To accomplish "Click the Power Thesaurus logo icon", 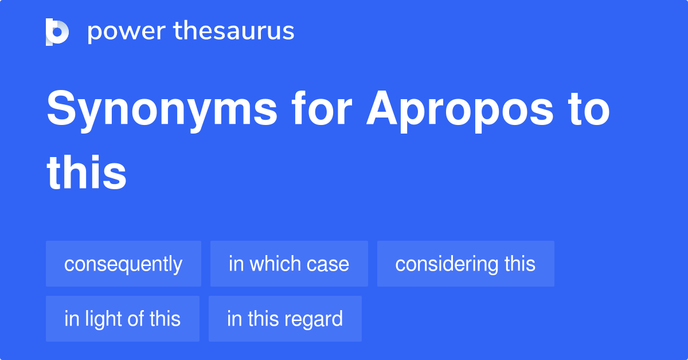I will (x=57, y=32).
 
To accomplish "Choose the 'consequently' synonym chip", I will (x=123, y=264).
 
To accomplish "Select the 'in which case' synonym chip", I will (x=289, y=264).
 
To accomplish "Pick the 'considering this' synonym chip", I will (x=465, y=264).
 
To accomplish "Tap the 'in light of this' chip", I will (x=123, y=319).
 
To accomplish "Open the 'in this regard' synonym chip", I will (x=285, y=319).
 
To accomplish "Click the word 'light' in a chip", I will (x=105, y=319).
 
